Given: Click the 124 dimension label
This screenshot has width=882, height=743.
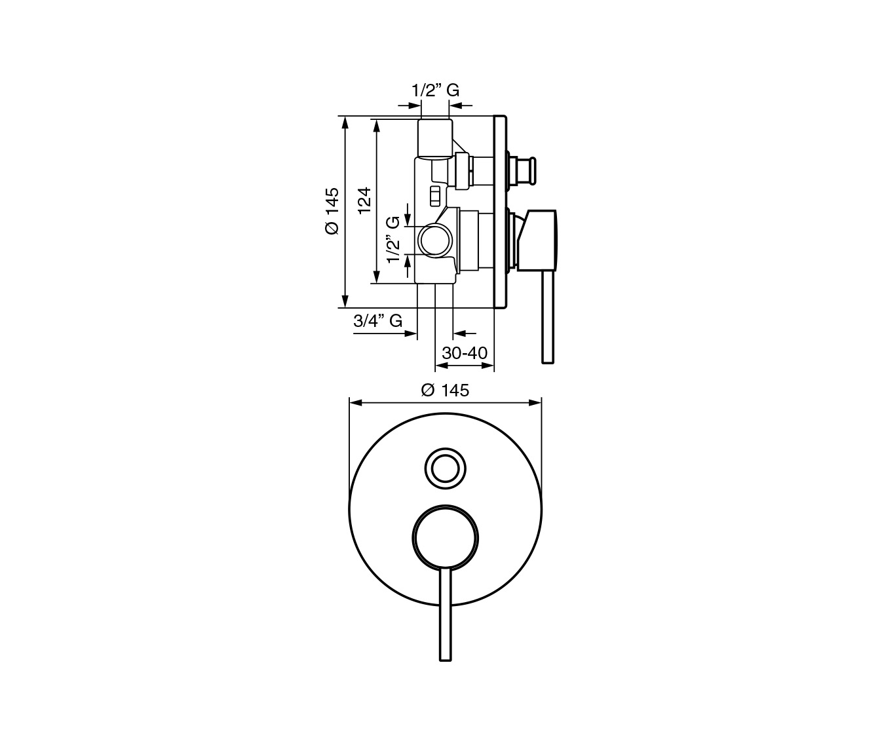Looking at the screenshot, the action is point(364,200).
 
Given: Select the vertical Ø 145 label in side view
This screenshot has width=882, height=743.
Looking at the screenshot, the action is point(332,211).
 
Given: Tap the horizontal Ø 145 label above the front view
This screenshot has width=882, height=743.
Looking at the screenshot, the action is point(445,391).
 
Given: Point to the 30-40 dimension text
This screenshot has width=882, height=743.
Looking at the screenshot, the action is point(465,352).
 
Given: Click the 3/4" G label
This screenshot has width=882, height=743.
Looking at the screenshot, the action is point(377,321).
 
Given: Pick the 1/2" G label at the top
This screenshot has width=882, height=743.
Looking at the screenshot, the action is point(436,90).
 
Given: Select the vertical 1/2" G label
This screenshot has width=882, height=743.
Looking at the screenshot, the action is point(393,240).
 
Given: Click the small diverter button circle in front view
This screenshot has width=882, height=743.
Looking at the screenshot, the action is point(445,469).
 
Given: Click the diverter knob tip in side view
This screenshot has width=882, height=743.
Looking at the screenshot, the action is point(533,170).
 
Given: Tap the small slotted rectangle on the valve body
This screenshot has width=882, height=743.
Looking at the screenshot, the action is point(435,197).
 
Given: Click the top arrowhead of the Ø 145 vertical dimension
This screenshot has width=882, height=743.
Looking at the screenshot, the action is point(345,122).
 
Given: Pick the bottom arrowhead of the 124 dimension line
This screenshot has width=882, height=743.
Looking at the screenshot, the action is point(376,278).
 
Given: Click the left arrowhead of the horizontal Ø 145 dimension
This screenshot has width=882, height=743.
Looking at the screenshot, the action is point(355,403).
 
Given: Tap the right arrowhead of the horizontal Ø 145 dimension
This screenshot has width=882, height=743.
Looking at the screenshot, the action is point(535,403).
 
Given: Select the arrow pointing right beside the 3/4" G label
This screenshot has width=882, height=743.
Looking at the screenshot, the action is point(411,333).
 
